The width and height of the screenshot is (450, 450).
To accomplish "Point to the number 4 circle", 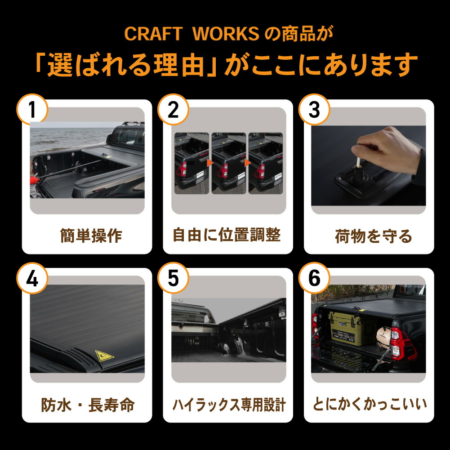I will pos(32,279).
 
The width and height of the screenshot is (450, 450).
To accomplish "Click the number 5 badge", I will pos(173,279).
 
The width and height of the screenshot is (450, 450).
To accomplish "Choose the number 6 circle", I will pos(314,279).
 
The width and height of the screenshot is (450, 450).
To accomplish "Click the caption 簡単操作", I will pos(91,236).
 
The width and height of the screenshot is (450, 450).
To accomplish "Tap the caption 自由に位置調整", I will pos(227,235).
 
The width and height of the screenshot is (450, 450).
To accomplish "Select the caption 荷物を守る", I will pos(373,236).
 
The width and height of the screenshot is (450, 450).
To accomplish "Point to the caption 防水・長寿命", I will pos(88,405).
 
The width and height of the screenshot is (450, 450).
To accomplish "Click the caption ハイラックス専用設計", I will pos(229,405).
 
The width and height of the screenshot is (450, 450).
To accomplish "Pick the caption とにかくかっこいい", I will pos(370,405).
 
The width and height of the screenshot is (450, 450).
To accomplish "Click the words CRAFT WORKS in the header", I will pos(191,34).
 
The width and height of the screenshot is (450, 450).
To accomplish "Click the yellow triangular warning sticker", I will pos(104,355).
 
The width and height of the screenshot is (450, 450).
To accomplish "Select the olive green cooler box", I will pos(347,328).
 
